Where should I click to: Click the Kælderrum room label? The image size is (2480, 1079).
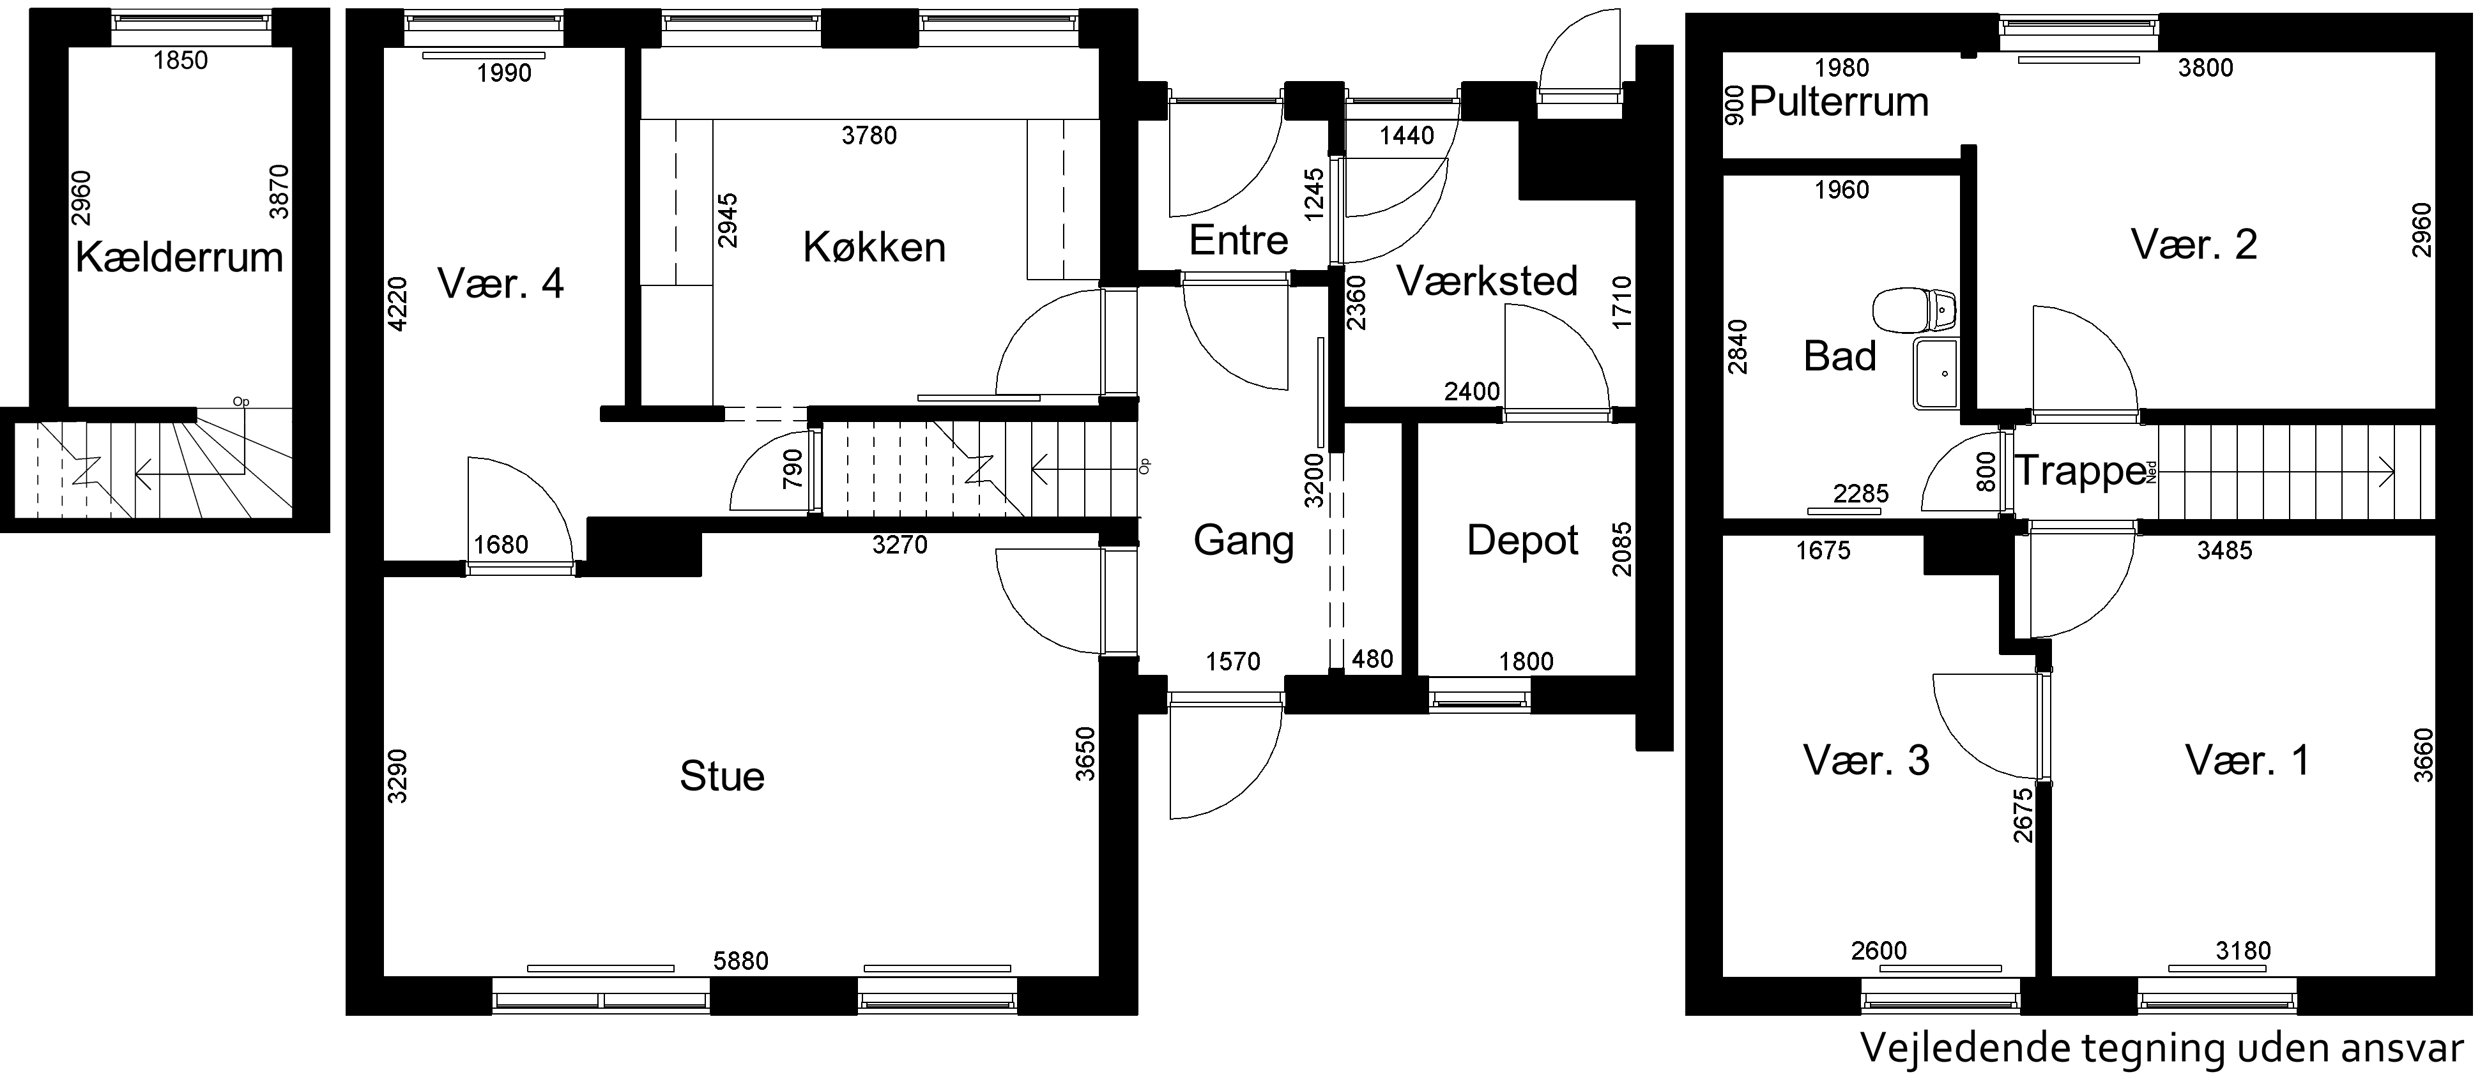[x=179, y=258]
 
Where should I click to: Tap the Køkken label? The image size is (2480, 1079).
[x=874, y=247]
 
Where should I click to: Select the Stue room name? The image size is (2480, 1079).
[x=722, y=776]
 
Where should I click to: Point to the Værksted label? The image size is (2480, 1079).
[x=1487, y=281]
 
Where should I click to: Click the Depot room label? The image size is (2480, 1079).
[x=1522, y=541]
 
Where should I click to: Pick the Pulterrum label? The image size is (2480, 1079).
[x=1839, y=102]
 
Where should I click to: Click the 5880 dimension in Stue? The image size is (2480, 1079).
[x=740, y=961]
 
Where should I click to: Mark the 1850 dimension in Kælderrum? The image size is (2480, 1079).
[x=180, y=61]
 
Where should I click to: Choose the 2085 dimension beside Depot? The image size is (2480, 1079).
[x=1623, y=548]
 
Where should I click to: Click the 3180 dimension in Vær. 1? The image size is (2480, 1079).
[x=2243, y=951]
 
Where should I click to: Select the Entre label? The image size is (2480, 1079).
[x=1238, y=239]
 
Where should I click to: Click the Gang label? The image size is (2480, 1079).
[x=1243, y=541]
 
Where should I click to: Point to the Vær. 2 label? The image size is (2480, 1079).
[x=2194, y=245]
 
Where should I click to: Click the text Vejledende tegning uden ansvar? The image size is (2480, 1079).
[x=2161, y=1048]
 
